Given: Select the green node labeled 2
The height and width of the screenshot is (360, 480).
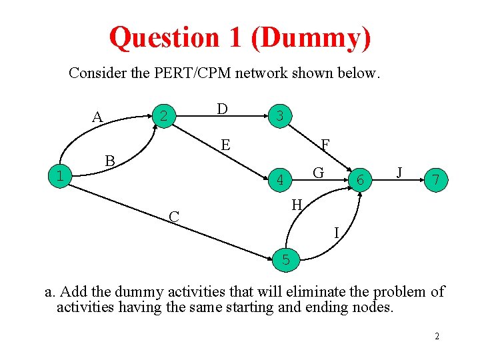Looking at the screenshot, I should (162, 116).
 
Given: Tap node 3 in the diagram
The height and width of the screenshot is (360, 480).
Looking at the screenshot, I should (280, 116).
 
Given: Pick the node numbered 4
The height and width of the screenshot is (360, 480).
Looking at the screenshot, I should (281, 179).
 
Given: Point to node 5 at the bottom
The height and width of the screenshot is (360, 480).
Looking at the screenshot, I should (286, 260).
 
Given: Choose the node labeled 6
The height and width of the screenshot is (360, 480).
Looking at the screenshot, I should (360, 180).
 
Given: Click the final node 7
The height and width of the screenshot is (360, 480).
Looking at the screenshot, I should (435, 180).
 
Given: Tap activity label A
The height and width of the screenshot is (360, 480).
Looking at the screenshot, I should (97, 117).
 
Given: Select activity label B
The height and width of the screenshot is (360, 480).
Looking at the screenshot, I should (110, 161).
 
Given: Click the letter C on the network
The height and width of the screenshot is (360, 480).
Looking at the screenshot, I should (173, 217).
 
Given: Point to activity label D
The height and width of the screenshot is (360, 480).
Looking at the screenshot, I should (222, 109).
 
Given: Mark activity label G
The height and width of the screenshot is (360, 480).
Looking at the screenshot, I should (319, 173).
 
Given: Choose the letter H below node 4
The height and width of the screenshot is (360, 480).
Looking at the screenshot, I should (297, 205).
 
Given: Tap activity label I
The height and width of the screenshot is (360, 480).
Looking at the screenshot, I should (337, 232).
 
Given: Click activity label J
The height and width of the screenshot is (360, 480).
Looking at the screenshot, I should (399, 172).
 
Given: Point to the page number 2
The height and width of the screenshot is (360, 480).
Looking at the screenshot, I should (437, 336).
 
